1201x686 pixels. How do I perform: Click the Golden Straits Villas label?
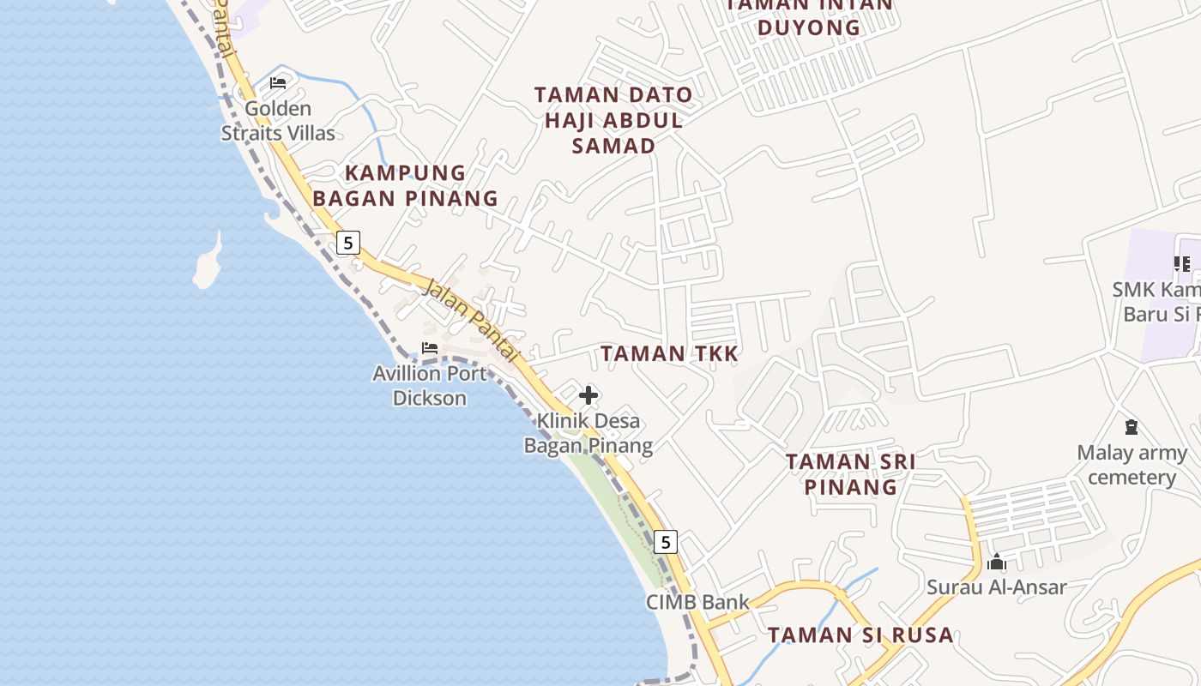(x=278, y=121)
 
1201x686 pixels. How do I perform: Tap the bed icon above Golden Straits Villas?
(x=278, y=83)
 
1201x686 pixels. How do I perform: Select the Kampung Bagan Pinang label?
(x=405, y=185)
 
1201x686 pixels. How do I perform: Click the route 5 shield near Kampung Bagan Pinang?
(x=347, y=243)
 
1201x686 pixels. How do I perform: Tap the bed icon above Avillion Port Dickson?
(x=430, y=348)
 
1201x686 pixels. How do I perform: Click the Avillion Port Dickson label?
(x=430, y=386)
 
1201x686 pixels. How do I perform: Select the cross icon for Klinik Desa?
(x=588, y=395)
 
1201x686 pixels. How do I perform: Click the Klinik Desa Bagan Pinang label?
(x=588, y=433)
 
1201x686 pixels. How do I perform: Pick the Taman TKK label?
(x=669, y=353)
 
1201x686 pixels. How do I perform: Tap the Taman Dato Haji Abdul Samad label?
(x=613, y=120)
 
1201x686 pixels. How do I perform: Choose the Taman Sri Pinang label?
(x=851, y=474)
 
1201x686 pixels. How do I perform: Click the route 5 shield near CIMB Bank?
(x=665, y=542)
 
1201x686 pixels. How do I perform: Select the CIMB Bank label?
(x=697, y=602)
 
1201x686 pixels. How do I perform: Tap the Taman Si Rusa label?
(x=860, y=635)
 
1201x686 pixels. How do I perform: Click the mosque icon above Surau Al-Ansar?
(x=997, y=563)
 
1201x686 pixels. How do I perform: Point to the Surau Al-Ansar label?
(x=997, y=587)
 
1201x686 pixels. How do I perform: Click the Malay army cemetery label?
(x=1132, y=465)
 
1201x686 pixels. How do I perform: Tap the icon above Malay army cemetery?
(x=1132, y=427)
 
